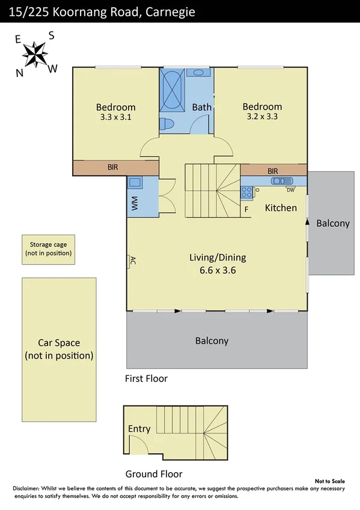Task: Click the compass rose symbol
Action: (x=35, y=55)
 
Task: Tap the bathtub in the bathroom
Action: (x=172, y=90)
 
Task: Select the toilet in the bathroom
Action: (x=167, y=124)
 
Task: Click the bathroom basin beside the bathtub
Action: (x=198, y=72)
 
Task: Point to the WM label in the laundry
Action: (x=135, y=203)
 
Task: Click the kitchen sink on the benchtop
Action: (x=282, y=181)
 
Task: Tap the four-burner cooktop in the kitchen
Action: (x=246, y=192)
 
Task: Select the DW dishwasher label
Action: (x=290, y=190)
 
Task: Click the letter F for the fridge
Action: (x=246, y=209)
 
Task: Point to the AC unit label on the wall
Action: (x=133, y=260)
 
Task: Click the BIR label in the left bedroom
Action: (x=113, y=167)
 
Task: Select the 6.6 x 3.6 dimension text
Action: (x=218, y=270)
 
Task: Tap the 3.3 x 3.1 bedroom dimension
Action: (x=115, y=117)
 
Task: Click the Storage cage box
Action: (x=49, y=250)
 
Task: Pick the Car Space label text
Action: (x=59, y=342)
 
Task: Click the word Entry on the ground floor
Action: (x=139, y=429)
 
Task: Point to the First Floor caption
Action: (x=146, y=379)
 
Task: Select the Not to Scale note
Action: (x=330, y=481)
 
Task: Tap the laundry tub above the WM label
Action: (x=135, y=182)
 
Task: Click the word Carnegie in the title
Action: (x=170, y=12)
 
